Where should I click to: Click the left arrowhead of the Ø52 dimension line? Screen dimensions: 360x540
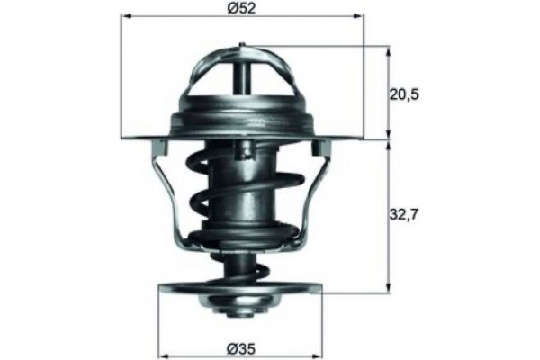click(x=125, y=17)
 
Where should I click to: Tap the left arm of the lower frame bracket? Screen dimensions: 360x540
click(x=171, y=193)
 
